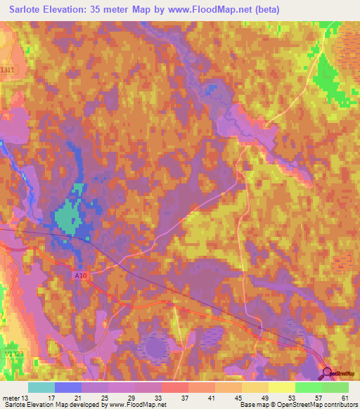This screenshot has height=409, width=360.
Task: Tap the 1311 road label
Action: [x=7, y=70]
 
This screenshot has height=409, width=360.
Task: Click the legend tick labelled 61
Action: [x=345, y=397]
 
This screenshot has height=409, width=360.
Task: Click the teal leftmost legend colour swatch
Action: [x=41, y=387]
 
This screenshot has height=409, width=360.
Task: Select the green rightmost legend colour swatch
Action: [x=335, y=387]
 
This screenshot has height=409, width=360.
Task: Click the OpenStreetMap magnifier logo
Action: [x=328, y=372]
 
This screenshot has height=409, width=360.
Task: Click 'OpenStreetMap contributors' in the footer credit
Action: [x=309, y=405]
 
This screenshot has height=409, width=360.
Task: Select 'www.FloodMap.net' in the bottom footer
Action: [x=134, y=405]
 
